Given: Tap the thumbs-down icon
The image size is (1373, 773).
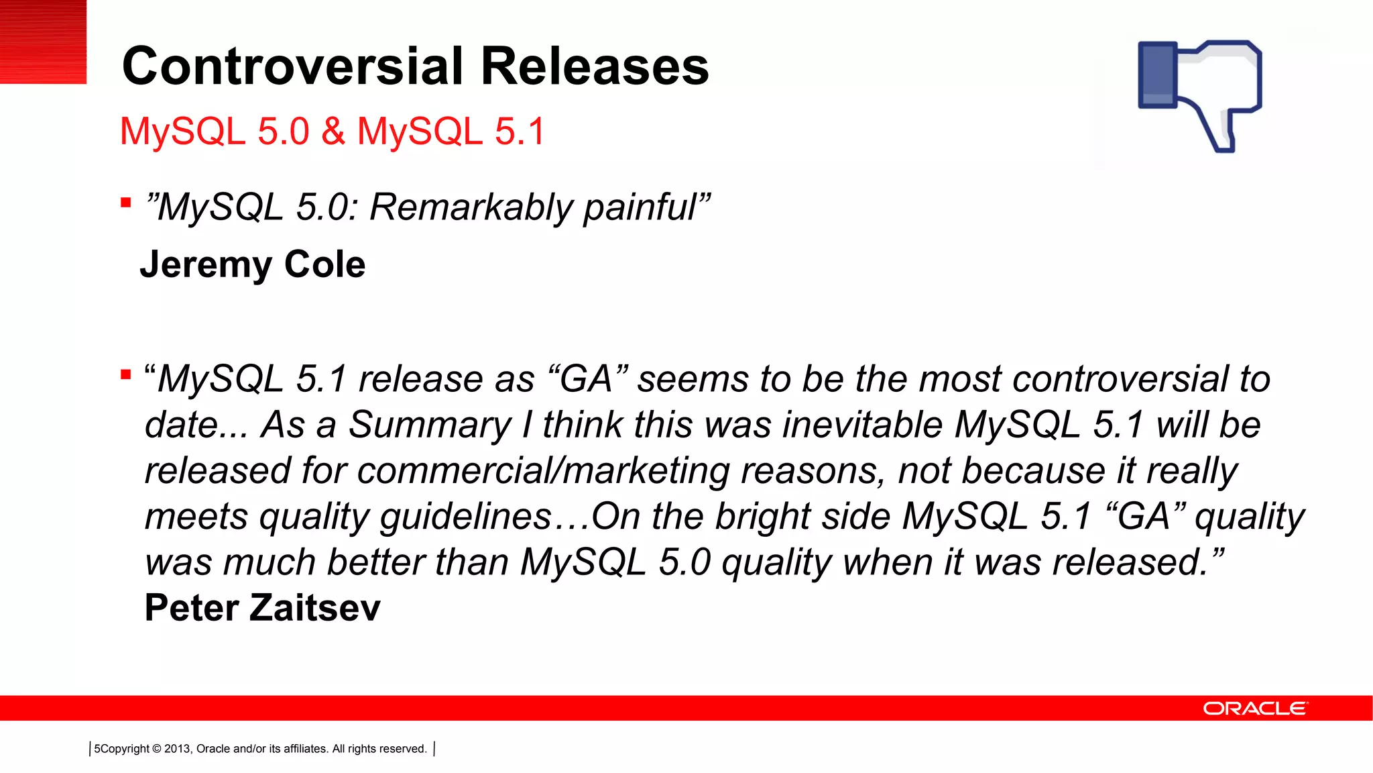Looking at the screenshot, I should coord(1200,95).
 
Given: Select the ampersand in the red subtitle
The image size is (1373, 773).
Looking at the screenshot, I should coord(333,131).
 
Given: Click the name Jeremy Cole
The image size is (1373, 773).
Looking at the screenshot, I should coord(253,264).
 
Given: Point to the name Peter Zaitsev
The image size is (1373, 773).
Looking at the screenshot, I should coord(262,608).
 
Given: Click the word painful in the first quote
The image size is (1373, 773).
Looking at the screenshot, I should coord(640,207).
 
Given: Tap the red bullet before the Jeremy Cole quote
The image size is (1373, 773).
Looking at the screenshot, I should coord(126,203).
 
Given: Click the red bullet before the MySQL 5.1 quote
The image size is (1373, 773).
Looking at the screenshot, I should coord(126,374).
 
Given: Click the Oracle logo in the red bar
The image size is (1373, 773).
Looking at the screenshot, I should coord(1254,709).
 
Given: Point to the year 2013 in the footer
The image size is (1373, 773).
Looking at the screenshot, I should coord(177,749).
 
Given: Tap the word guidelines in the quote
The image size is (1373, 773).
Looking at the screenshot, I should coord(466,517).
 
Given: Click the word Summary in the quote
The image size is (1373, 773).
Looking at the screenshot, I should coord(430,425).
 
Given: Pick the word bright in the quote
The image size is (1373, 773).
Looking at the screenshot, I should coord(763,517).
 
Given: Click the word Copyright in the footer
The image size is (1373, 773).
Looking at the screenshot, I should coord(125,749).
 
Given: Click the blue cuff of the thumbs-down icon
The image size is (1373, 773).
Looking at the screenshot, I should coord(1158,74).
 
